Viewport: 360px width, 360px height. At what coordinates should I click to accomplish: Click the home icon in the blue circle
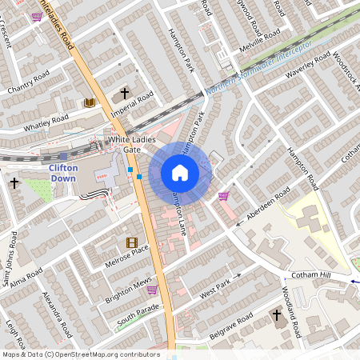[180, 173]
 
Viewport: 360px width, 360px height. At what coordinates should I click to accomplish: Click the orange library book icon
[89, 102]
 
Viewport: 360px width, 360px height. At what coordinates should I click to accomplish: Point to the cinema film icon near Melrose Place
[131, 242]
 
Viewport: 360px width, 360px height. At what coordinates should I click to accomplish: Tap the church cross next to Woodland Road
[277, 316]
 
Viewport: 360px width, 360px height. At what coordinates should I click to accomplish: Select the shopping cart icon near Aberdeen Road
[223, 195]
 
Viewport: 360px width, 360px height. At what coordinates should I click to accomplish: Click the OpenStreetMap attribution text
[81, 354]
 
